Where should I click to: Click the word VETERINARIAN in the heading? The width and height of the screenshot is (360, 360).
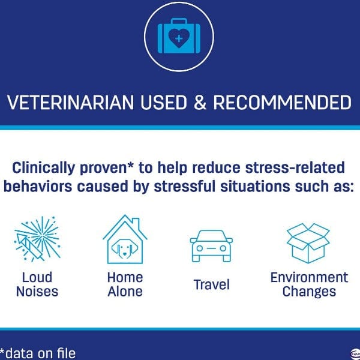point(70,102)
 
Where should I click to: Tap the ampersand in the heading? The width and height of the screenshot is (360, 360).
point(200,102)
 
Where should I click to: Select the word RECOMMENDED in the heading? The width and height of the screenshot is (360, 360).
point(282,102)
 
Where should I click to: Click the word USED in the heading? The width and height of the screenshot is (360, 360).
point(164,102)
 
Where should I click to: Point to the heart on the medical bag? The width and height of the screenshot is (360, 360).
point(179,38)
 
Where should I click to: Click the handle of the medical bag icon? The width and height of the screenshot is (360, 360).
point(179,21)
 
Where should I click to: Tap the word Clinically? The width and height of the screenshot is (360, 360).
point(43,168)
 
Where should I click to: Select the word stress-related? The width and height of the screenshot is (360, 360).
point(295,167)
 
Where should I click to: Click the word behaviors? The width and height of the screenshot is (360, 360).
point(38,186)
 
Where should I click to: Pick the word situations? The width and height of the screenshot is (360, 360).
point(255,186)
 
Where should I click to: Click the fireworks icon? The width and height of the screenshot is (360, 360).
point(37,239)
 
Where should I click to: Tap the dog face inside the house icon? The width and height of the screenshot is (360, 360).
point(125,248)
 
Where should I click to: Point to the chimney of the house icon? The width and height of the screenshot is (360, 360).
point(136,224)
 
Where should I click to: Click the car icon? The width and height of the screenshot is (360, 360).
point(211,245)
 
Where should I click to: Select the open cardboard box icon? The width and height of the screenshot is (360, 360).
point(308,243)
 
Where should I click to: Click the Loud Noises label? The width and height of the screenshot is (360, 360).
point(37,284)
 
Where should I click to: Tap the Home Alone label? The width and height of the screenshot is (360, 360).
point(125,284)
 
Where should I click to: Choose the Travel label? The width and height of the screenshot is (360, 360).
point(211,284)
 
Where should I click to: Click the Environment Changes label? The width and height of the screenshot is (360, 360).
point(309,284)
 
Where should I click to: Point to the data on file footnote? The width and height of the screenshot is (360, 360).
point(38,353)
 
